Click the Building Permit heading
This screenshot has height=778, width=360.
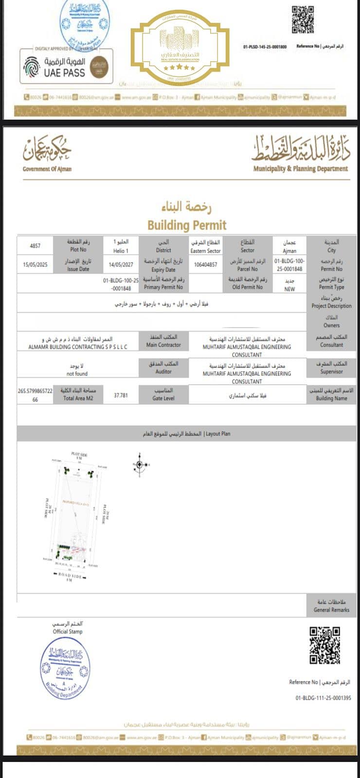click(x=187, y=225)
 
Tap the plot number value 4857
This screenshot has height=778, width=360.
click(x=35, y=246)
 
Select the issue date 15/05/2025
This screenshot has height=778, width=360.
click(x=35, y=265)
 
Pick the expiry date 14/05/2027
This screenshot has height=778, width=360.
click(x=121, y=265)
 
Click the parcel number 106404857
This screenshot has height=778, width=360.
click(x=205, y=265)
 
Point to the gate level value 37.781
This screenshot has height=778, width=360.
click(x=121, y=395)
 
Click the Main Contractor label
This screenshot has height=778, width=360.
click(x=163, y=345)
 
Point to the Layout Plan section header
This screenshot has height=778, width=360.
click(x=186, y=433)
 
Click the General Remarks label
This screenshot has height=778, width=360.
click(x=331, y=610)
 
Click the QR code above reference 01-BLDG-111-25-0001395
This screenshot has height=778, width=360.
click(x=324, y=645)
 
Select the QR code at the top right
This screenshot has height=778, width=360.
click(x=303, y=19)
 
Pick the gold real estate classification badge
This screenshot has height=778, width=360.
click(x=180, y=48)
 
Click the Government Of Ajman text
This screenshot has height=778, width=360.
click(x=47, y=169)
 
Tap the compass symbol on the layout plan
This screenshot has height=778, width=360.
click(x=140, y=465)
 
